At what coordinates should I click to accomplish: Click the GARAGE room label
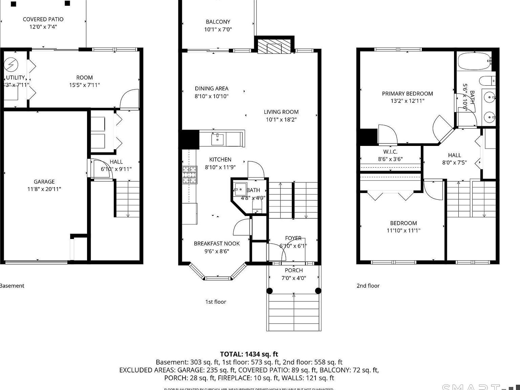(44, 182)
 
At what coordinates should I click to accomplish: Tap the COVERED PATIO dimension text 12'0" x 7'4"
(43, 27)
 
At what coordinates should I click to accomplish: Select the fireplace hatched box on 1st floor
(274, 46)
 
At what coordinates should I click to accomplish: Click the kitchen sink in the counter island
(217, 138)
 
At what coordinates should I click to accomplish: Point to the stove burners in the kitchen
(190, 175)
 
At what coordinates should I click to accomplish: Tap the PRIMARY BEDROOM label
(407, 94)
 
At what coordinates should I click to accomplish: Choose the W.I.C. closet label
(390, 152)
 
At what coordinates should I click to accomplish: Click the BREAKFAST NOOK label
(217, 243)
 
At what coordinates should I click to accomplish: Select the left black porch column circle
(269, 291)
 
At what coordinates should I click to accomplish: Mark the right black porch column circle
(318, 291)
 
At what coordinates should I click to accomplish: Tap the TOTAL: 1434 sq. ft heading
(249, 354)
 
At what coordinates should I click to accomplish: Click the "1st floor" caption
(215, 302)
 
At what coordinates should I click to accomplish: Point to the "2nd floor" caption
(368, 286)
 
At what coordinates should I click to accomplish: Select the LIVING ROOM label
(281, 112)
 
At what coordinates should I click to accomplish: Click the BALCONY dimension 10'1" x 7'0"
(218, 29)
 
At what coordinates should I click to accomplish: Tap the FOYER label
(293, 238)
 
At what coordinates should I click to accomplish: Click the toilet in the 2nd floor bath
(486, 81)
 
